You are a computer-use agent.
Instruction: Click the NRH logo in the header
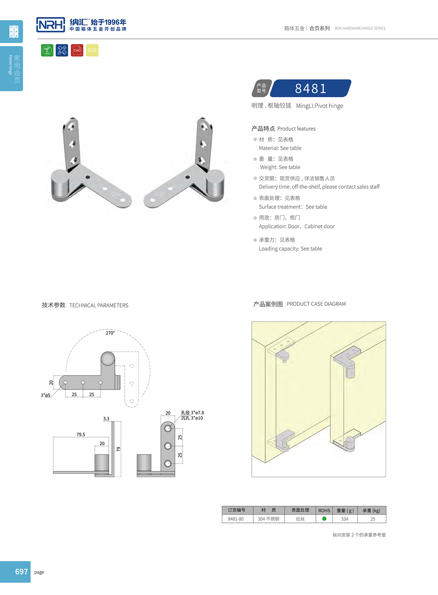point(51,25)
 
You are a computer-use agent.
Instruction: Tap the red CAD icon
point(77,50)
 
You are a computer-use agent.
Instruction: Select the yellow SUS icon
point(92,50)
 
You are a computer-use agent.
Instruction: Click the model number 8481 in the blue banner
point(310,88)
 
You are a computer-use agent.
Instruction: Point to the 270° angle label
point(110,333)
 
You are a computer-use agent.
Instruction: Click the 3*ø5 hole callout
point(46,395)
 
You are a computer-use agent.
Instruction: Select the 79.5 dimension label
point(81,434)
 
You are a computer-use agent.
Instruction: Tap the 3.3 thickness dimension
point(106,419)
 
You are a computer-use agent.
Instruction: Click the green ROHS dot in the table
point(324,519)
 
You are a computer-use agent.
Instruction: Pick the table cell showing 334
point(345,519)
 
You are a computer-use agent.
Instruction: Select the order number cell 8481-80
point(236,519)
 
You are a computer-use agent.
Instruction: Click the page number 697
point(21,572)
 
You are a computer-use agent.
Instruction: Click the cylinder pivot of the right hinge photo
point(215,184)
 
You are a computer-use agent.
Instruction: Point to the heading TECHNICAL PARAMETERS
point(99,305)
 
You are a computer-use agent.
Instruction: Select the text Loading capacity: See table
point(290,249)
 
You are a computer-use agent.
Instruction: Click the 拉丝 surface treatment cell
point(300,519)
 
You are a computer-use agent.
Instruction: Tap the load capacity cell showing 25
point(373,519)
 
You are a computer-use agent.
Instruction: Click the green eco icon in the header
point(47,50)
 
